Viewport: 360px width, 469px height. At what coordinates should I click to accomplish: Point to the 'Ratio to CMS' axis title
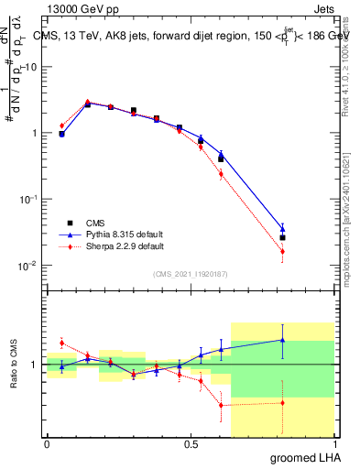click(14, 364)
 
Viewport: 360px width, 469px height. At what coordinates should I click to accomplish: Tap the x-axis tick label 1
click(334, 442)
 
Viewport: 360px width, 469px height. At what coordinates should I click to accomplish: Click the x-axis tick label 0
click(47, 442)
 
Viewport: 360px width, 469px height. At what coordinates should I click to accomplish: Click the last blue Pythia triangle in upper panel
click(283, 229)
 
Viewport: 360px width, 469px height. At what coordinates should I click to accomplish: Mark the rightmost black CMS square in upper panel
click(283, 237)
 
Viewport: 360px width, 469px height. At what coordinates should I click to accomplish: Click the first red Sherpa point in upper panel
click(61, 125)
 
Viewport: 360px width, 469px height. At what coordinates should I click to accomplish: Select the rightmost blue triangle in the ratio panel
click(283, 340)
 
